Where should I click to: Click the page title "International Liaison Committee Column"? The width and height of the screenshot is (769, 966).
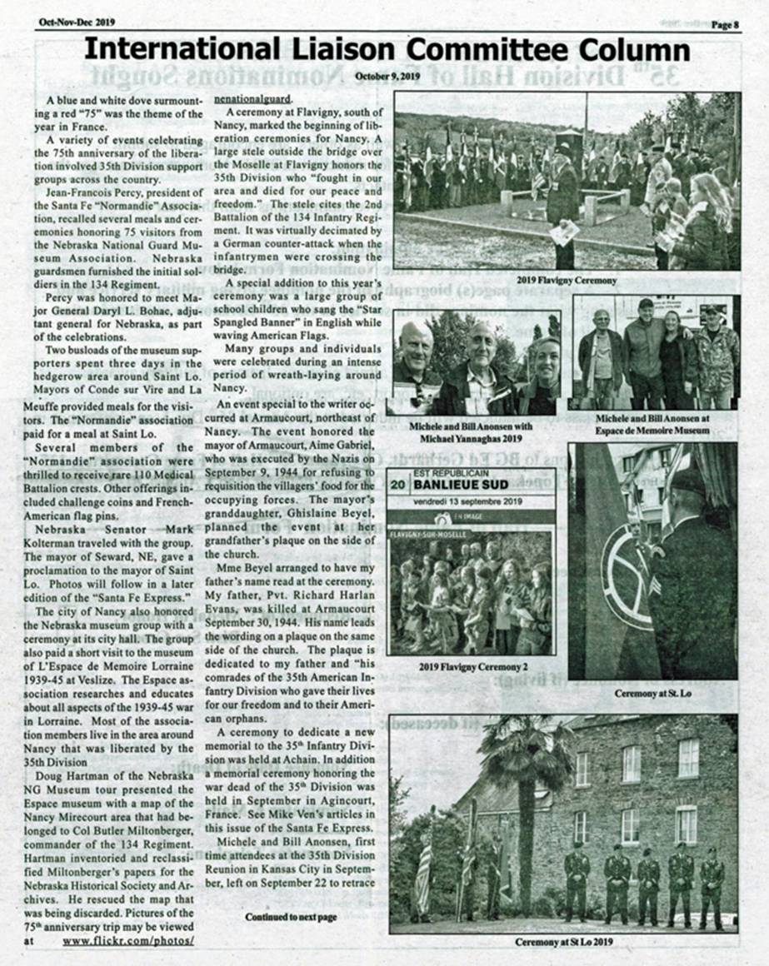point(387,51)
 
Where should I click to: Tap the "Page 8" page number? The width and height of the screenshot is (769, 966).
point(725,24)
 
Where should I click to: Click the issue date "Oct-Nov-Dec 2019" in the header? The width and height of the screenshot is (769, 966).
point(77,22)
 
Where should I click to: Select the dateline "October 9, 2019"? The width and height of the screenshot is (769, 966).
point(387,77)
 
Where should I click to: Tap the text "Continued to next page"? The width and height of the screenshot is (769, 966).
point(291,917)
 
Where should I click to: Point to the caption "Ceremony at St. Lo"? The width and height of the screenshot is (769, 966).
point(653,693)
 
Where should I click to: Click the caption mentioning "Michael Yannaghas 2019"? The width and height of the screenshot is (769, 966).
point(472,431)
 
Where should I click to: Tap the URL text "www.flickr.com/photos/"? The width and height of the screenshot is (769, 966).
point(127,940)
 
